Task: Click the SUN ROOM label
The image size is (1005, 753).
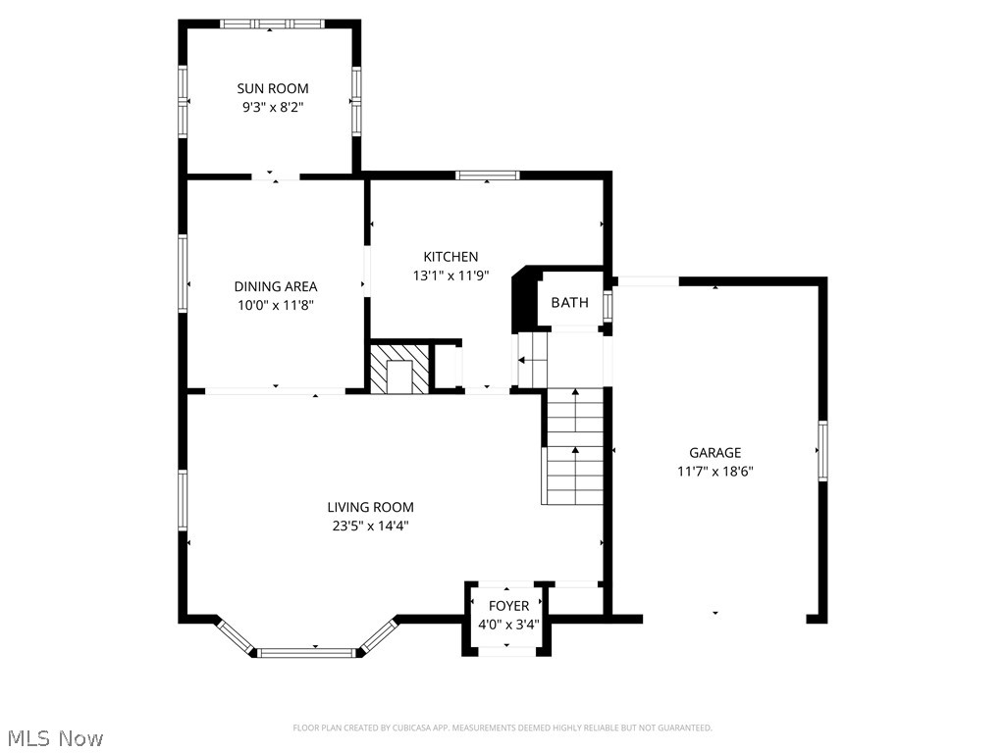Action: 272,88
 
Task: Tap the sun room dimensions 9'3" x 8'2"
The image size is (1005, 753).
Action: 272,108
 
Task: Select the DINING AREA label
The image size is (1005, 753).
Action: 275,286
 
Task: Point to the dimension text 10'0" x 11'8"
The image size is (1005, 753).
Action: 275,305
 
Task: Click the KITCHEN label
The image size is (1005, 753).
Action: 450,257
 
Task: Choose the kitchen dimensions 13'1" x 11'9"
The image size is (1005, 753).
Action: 450,276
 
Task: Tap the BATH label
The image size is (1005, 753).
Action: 569,303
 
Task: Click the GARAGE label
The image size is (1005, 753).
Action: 714,452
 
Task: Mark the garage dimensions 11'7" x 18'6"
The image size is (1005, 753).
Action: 714,471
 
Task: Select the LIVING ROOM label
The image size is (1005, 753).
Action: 370,507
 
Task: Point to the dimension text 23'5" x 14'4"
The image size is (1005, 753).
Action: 370,526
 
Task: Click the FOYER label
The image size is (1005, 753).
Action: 508,606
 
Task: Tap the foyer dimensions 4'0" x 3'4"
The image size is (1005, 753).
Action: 508,624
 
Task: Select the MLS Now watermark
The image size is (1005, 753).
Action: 54,737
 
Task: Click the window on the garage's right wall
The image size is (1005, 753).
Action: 822,451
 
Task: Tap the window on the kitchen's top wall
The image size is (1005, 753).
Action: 487,176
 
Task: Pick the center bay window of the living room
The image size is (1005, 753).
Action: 307,651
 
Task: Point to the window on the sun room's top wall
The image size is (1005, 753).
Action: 271,24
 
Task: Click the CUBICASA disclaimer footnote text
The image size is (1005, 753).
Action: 502,728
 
